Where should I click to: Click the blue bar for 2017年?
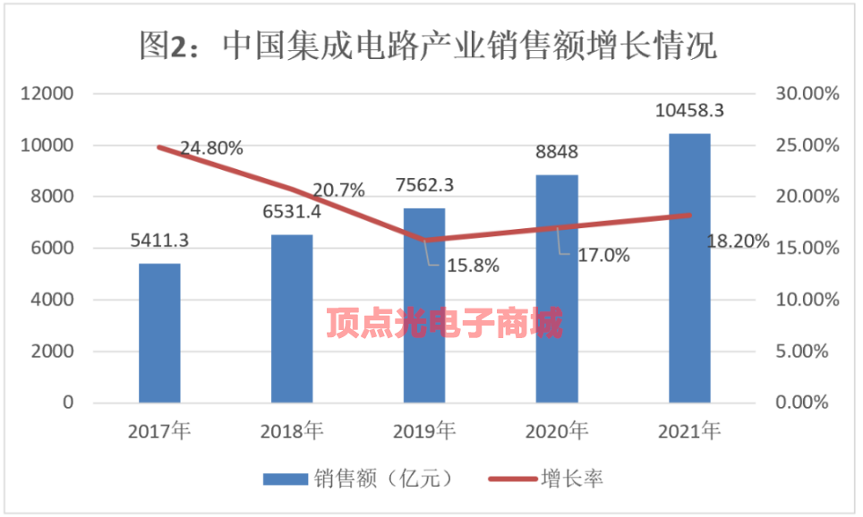[x=159, y=333]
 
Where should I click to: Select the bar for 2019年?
[x=424, y=305]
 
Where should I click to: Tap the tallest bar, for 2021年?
[x=689, y=268]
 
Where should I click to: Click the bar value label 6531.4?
[x=292, y=215]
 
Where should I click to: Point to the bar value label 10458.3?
[x=689, y=111]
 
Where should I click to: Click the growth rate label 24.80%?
[x=211, y=148]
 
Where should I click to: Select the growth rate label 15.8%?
[x=469, y=266]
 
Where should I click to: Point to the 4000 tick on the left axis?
[x=54, y=300]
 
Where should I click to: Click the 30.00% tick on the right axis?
[x=806, y=94]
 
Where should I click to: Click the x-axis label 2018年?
[x=292, y=432]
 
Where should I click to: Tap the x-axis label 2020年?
[x=557, y=432]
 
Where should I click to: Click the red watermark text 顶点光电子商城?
[x=445, y=322]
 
